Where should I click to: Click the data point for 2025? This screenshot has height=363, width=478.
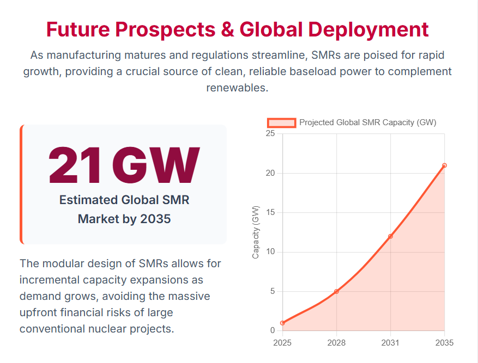point(282,323)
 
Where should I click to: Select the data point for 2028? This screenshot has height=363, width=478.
point(336,292)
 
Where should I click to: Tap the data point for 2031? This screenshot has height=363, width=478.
point(390,236)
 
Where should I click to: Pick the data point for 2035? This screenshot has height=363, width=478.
point(444,165)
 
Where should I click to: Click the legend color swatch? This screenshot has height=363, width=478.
point(282,122)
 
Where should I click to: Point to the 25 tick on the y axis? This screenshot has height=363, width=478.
point(270,133)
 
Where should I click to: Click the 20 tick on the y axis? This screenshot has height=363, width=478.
point(270,173)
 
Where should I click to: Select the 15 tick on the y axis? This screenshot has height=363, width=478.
point(270,212)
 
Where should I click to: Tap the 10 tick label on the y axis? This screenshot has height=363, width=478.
point(270,251)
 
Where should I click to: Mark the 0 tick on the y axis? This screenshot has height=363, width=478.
point(273,330)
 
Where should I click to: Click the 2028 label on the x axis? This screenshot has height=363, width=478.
point(336,343)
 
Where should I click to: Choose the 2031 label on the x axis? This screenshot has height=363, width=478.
point(390,343)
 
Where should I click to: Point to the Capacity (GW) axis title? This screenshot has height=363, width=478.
point(256,232)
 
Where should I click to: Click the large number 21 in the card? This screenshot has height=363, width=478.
point(74,165)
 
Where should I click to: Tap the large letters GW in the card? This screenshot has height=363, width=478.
point(156,165)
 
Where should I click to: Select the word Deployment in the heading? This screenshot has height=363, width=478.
point(368,29)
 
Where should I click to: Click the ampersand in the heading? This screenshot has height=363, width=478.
point(227,29)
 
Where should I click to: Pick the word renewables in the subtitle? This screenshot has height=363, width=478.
point(237,88)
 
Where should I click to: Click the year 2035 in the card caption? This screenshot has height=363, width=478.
point(155,219)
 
